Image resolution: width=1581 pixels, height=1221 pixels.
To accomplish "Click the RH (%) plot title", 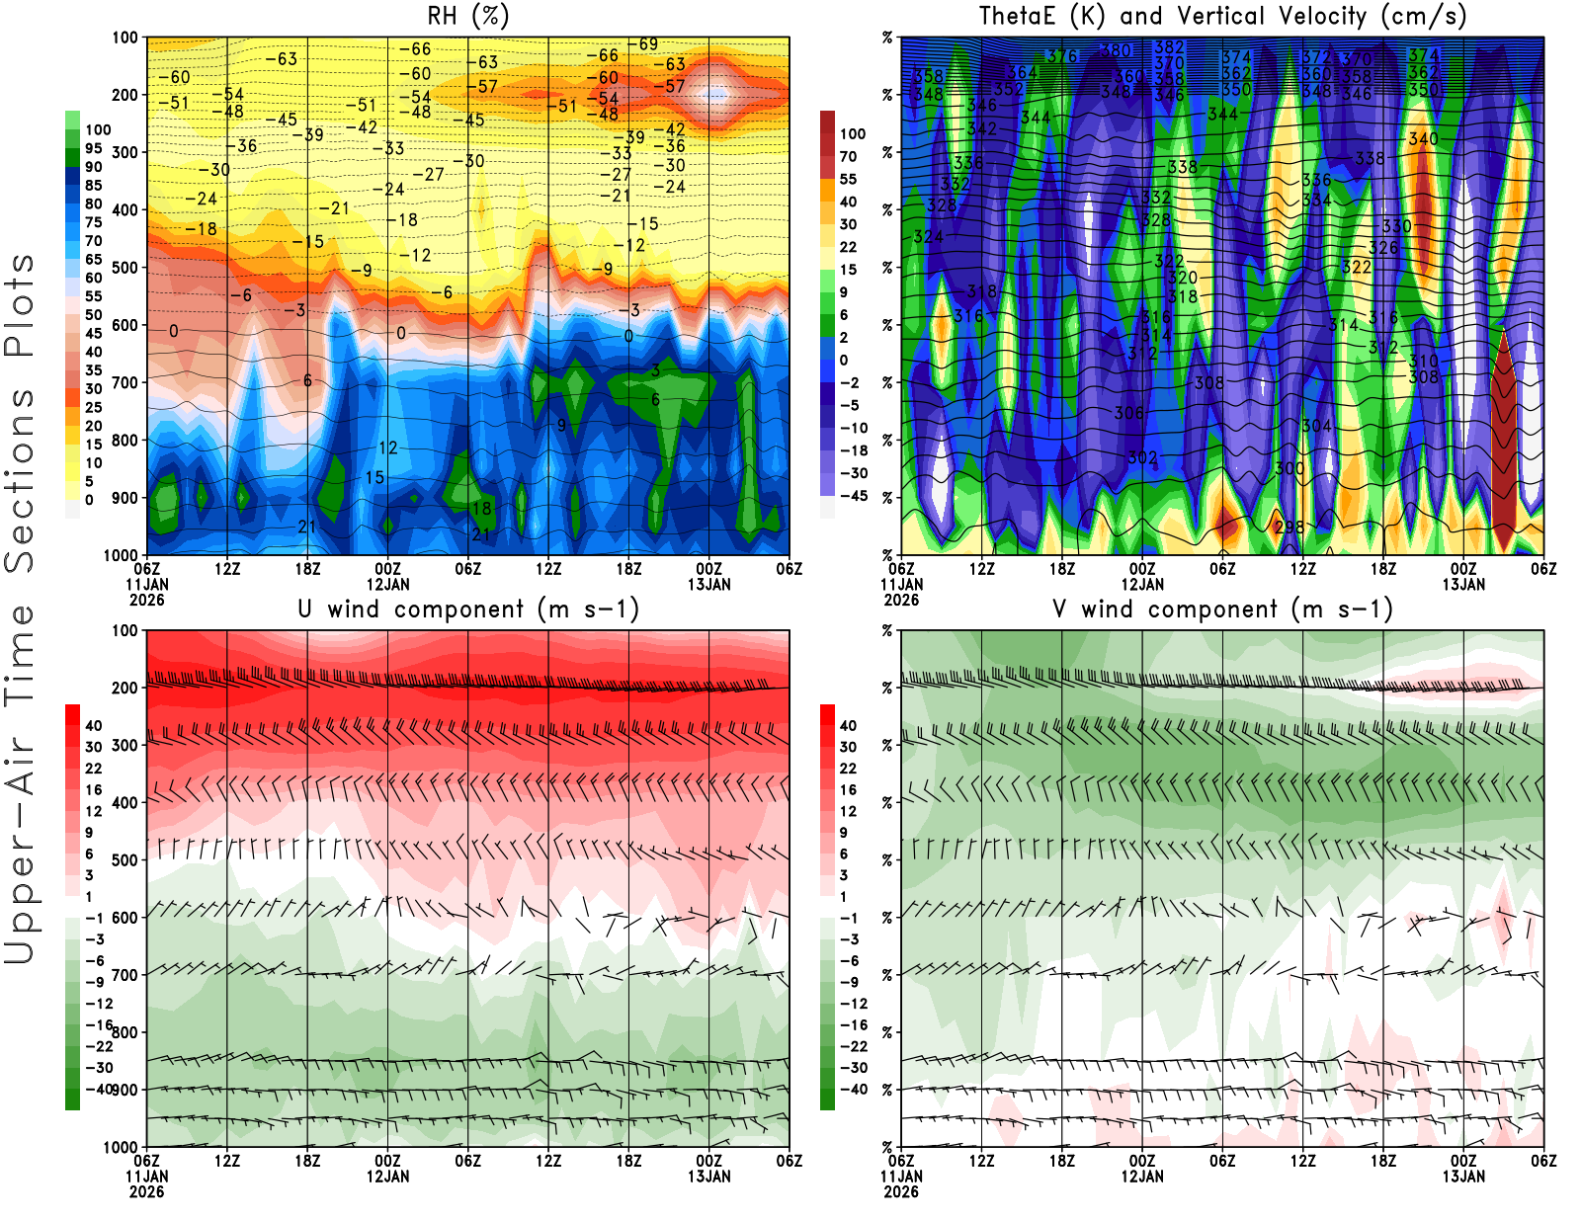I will click(468, 16).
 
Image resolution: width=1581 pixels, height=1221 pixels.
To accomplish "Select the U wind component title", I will click(468, 609).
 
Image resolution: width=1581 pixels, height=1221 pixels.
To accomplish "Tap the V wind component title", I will click(1222, 609).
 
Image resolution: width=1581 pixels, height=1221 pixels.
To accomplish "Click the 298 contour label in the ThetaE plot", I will click(1289, 527).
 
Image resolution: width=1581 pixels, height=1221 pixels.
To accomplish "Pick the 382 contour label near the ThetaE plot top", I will click(1169, 47).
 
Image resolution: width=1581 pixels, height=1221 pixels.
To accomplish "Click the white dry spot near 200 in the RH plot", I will click(714, 95).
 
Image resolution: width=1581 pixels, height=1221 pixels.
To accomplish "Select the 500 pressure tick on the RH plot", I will click(125, 267).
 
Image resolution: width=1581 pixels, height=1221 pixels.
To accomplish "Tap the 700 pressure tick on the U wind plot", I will click(125, 975).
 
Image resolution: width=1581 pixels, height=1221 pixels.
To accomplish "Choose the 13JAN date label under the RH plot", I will click(708, 584).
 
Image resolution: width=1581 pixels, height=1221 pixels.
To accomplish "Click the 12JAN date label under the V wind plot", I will click(1142, 1177).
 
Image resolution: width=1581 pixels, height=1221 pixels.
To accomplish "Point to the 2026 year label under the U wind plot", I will click(146, 1191).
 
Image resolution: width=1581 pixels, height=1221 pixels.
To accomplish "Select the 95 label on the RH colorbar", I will click(93, 148).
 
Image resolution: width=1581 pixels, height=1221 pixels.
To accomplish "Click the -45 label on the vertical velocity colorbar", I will click(853, 496).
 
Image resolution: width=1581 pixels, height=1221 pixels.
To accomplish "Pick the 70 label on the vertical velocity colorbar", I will click(848, 156).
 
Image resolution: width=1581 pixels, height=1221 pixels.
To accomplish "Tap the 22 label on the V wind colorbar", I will click(848, 768).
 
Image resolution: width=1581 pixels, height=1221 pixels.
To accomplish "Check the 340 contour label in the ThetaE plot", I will click(1423, 139).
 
